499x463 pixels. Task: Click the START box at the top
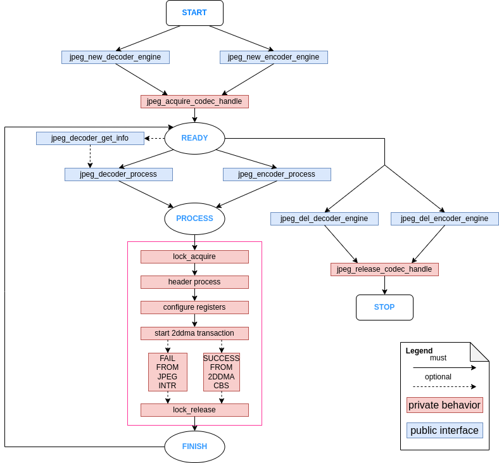click(194, 13)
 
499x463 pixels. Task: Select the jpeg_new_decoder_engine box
click(115, 57)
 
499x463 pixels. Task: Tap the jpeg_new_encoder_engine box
click(274, 57)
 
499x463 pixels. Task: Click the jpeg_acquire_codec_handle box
click(194, 101)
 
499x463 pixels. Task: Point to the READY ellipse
click(194, 138)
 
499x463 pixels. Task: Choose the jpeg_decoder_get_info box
click(90, 138)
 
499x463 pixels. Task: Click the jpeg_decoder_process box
click(118, 174)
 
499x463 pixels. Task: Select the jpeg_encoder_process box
click(277, 174)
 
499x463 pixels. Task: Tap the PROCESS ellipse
click(194, 219)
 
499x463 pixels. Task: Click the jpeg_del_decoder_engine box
click(324, 219)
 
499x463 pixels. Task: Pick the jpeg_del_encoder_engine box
click(445, 219)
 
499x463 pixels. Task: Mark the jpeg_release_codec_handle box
click(384, 269)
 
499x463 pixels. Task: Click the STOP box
click(384, 307)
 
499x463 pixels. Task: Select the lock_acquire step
click(194, 257)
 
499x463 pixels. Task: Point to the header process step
click(194, 282)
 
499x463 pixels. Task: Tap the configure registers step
click(194, 307)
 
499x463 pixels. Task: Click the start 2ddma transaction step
click(194, 333)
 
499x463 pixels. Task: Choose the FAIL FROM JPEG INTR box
click(168, 372)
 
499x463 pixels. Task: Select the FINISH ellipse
click(194, 447)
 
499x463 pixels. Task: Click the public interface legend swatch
click(445, 431)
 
